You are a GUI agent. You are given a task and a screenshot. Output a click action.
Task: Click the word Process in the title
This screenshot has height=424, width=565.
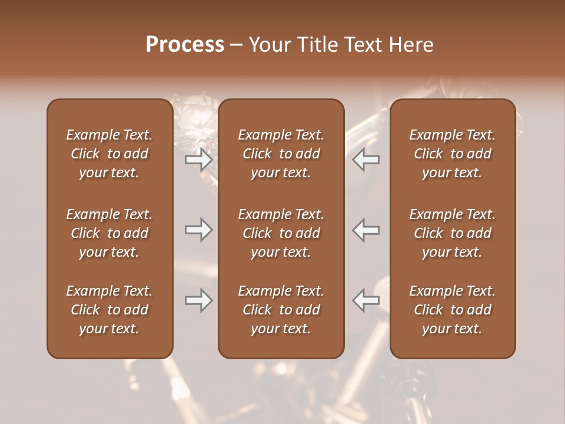(x=185, y=45)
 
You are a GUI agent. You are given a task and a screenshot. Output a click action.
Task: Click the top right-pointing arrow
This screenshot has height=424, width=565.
(x=199, y=160)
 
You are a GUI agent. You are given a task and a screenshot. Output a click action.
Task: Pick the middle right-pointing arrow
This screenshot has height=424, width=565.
(x=199, y=230)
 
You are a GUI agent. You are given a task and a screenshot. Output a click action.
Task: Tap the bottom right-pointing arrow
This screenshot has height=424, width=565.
(x=199, y=300)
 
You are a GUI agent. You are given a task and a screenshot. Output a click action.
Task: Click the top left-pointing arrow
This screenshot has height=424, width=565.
(x=365, y=160)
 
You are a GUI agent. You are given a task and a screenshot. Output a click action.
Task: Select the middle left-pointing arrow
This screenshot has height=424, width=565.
(x=365, y=230)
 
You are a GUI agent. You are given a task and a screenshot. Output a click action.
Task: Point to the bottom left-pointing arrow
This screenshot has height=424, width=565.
(x=365, y=300)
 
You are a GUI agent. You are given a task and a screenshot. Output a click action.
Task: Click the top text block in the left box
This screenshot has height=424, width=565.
(x=109, y=154)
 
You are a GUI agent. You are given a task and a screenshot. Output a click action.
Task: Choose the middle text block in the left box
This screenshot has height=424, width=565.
(x=109, y=233)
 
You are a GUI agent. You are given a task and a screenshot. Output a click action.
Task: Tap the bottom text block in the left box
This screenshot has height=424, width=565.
(x=109, y=310)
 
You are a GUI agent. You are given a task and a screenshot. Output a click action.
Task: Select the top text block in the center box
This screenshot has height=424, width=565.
(x=281, y=154)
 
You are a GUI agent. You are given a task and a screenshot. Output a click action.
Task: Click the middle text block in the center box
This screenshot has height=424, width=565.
(x=281, y=233)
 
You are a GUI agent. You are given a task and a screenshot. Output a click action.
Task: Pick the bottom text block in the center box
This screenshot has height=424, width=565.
(x=281, y=310)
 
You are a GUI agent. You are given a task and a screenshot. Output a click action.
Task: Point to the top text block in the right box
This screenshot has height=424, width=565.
(x=453, y=154)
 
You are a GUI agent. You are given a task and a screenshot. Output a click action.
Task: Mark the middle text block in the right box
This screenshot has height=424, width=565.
(x=453, y=233)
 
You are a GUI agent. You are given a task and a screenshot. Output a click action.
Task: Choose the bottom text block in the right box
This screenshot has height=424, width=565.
(x=453, y=310)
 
